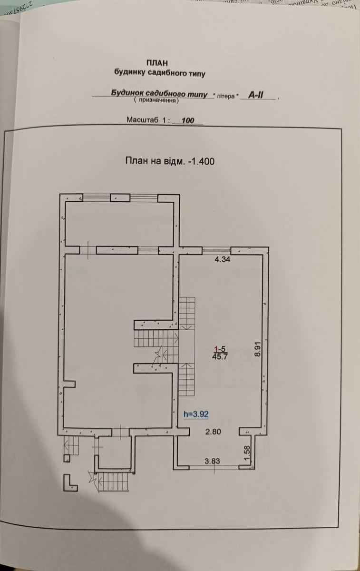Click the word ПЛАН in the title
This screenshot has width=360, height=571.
pos(157,62)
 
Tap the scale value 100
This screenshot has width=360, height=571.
pos(188,121)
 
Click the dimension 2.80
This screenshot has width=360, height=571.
pos(214,432)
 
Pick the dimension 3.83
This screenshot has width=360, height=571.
pos(213,461)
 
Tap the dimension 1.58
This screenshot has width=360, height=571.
pos(246,453)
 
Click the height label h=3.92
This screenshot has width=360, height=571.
pos(196,414)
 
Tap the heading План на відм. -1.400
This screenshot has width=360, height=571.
pos(170,161)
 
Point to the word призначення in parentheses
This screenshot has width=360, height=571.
pos(156,101)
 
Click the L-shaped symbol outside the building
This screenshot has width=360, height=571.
pos(69,482)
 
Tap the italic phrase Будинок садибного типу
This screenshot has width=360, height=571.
pos(159,94)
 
